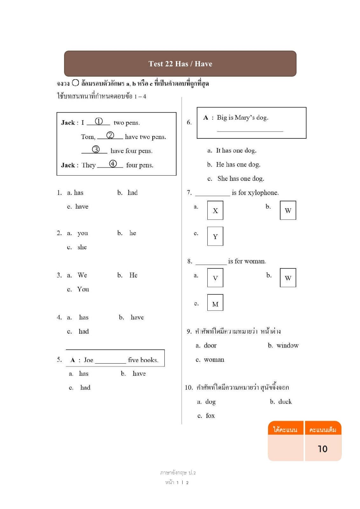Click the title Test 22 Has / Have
(x=180, y=64)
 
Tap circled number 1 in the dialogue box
(x=99, y=121)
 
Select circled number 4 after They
(x=113, y=164)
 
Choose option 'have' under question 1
(x=82, y=207)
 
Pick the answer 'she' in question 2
(x=82, y=247)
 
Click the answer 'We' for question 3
(x=82, y=275)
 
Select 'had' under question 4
(x=84, y=331)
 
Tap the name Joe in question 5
(x=88, y=360)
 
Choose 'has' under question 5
(x=84, y=373)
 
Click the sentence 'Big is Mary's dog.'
(x=242, y=118)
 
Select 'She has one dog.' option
(x=241, y=179)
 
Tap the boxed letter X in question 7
(x=215, y=211)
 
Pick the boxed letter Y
(x=215, y=237)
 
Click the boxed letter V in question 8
(x=215, y=278)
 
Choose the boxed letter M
(x=215, y=304)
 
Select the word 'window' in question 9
(x=287, y=345)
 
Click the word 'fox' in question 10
(x=210, y=416)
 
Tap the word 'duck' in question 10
(x=285, y=402)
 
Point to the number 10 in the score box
(x=322, y=449)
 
